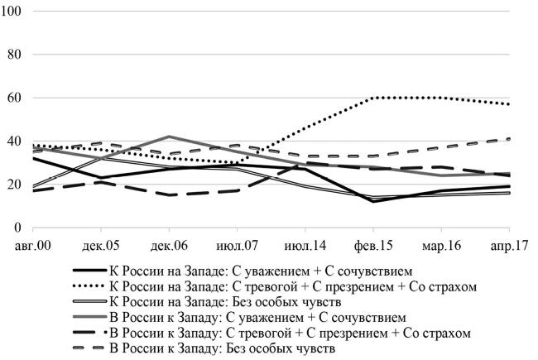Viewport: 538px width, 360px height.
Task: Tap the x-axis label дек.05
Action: (x=101, y=245)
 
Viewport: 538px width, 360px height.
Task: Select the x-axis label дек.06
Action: (x=169, y=245)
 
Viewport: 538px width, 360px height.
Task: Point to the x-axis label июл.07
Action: (x=238, y=245)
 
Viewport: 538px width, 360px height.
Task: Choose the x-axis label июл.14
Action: (x=305, y=245)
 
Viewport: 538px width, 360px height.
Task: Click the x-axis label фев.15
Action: (x=374, y=245)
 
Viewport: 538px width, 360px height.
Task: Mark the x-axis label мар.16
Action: (x=442, y=245)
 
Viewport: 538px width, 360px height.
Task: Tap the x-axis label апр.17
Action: (x=510, y=245)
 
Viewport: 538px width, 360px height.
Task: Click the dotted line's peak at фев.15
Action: (x=374, y=98)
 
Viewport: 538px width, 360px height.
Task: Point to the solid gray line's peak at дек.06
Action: (x=169, y=137)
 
